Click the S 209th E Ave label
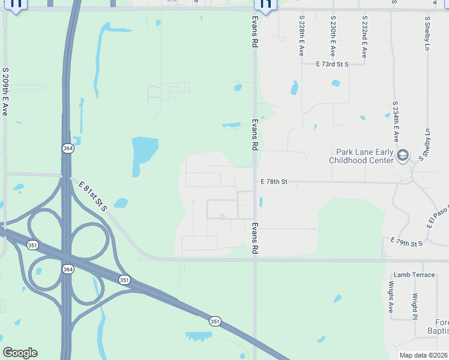(x=5, y=91)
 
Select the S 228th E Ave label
(x=302, y=37)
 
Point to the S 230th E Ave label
(x=333, y=37)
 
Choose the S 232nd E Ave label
(x=364, y=37)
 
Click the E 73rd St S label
(x=333, y=63)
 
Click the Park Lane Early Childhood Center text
(x=362, y=156)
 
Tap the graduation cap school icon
(x=403, y=156)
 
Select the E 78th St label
(x=274, y=181)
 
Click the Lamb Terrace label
(x=414, y=274)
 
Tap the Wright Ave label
(x=390, y=298)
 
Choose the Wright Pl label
(x=415, y=306)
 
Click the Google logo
(x=20, y=353)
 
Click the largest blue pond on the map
(x=144, y=154)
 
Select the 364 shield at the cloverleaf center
(x=67, y=269)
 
